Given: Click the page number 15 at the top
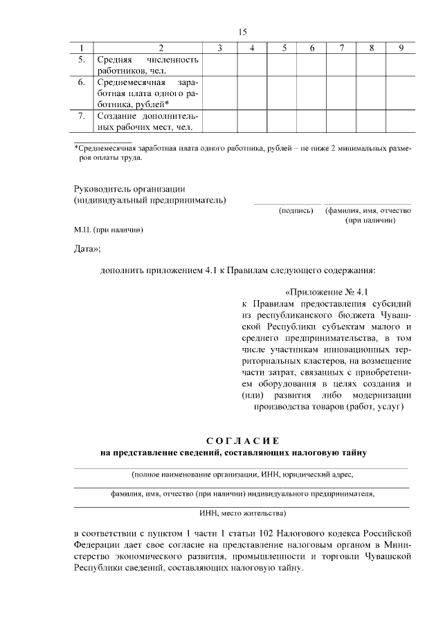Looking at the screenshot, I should [242, 32].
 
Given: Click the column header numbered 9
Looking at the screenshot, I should [401, 48].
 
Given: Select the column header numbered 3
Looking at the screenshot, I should [219, 48].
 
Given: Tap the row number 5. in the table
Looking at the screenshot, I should [82, 59].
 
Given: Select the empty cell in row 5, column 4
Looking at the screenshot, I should [252, 64].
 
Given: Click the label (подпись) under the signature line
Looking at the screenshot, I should [296, 210].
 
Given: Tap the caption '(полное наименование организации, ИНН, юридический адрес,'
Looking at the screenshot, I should [242, 475].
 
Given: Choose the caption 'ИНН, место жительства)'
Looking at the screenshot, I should [242, 513].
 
